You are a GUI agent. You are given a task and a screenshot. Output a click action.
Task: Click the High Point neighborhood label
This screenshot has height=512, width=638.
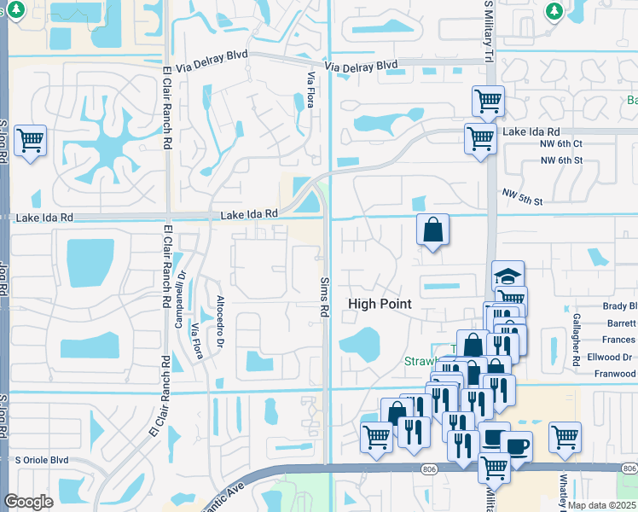tap(380, 304)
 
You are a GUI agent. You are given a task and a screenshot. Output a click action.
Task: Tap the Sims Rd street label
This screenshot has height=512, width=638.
tap(325, 297)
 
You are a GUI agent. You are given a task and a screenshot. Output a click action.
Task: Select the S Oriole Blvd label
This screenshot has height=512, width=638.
tap(41, 460)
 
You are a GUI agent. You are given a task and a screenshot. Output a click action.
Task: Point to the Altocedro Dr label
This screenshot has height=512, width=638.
tap(220, 322)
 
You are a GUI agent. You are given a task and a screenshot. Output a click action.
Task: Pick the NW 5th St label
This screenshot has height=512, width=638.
tap(522, 197)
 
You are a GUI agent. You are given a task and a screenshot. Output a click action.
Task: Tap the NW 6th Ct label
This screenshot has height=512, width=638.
tap(561, 144)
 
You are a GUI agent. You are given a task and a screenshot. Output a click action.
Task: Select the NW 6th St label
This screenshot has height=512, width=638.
tap(561, 160)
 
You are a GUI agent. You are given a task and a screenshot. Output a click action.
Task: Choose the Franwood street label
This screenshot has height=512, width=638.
tap(615, 373)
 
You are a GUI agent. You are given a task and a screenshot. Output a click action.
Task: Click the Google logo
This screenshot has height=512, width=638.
tap(28, 502)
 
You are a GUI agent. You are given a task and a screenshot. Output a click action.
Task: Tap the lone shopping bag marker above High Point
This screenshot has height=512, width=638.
tap(433, 229)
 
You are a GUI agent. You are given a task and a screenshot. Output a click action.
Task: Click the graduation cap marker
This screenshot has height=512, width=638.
tap(508, 275)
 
